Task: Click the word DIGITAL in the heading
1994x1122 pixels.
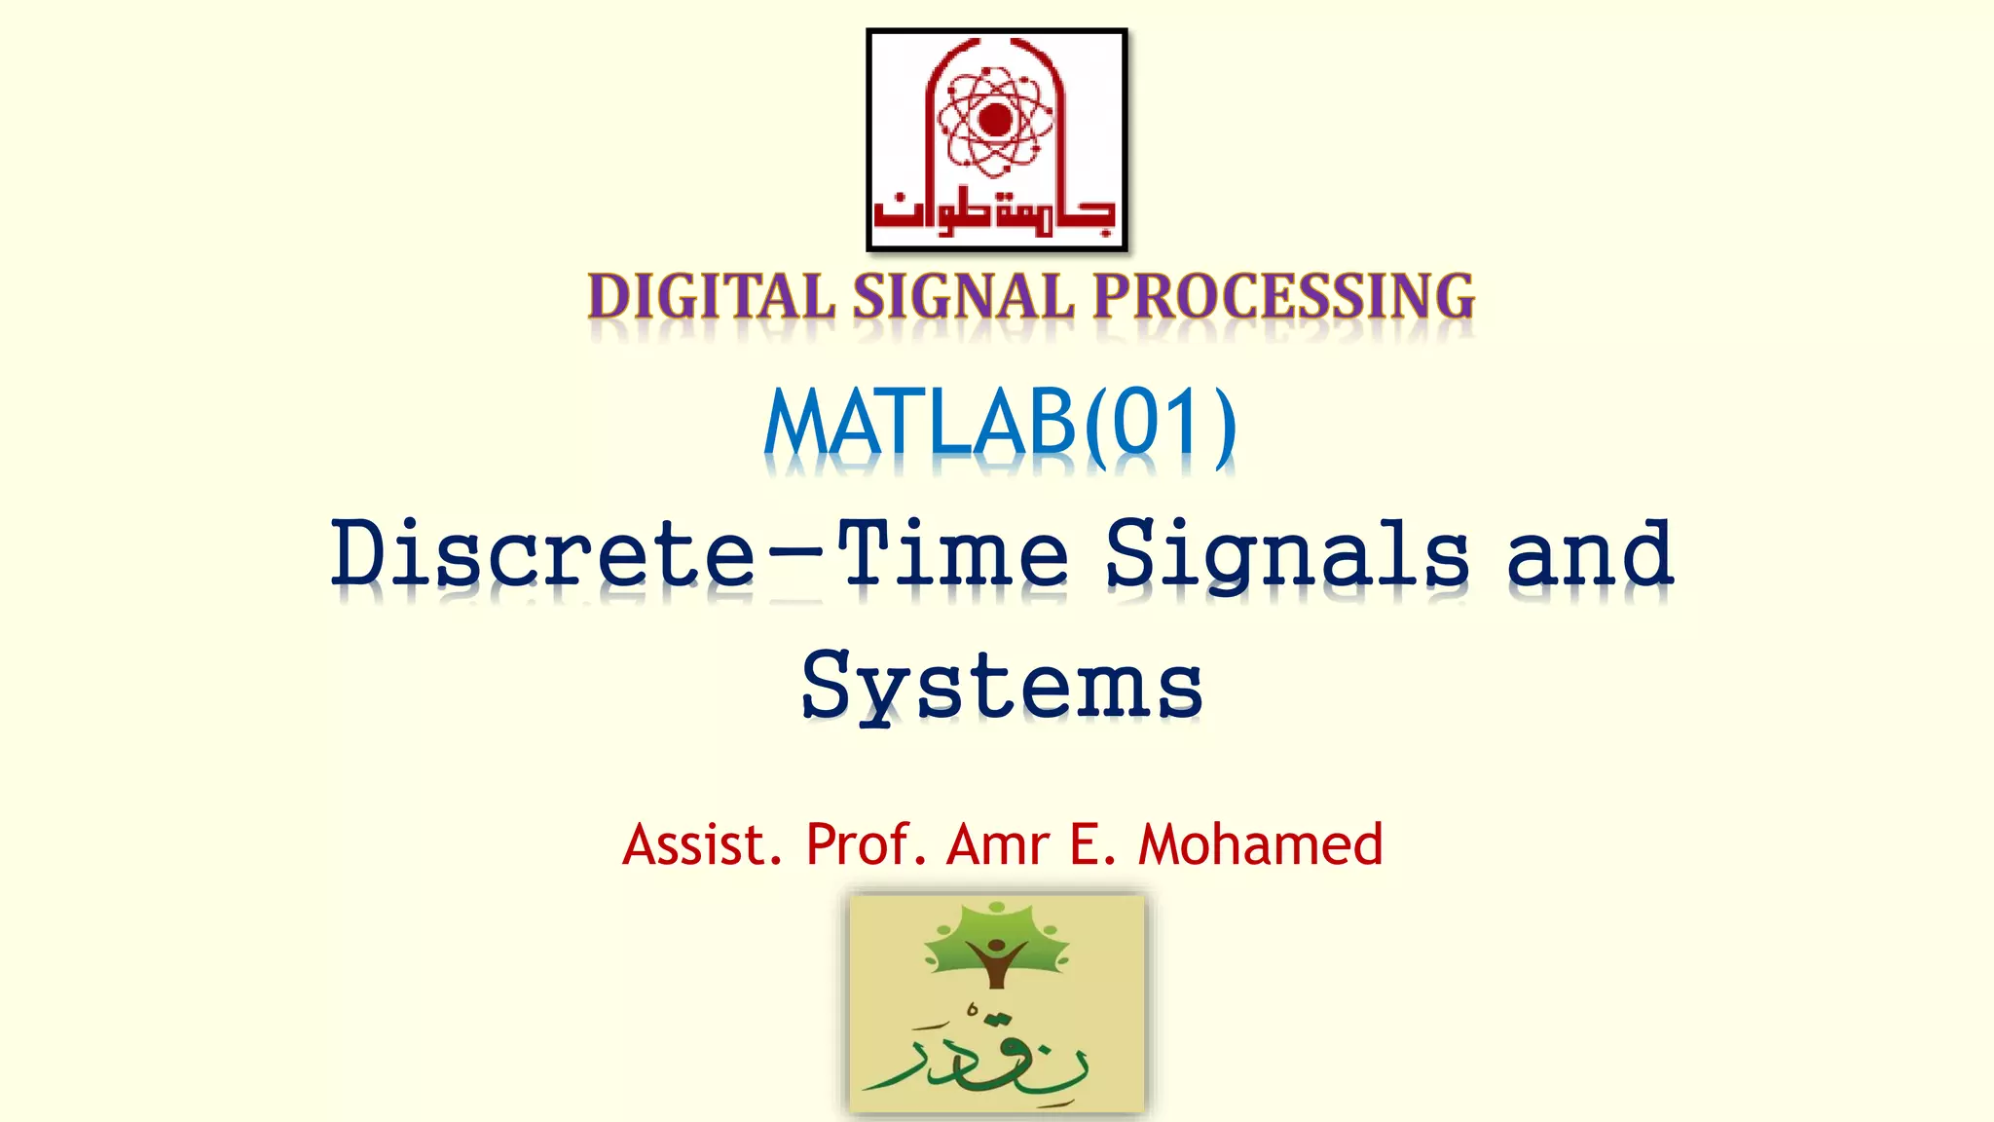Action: (x=711, y=297)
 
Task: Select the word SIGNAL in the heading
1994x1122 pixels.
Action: (x=964, y=297)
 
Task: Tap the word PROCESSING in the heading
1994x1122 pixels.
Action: (x=1283, y=297)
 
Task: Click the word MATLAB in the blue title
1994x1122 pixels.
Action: (x=920, y=424)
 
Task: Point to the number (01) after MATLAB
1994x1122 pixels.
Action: (x=1161, y=424)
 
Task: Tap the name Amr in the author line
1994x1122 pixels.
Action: (x=997, y=844)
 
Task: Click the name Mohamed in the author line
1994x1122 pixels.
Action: (x=1260, y=844)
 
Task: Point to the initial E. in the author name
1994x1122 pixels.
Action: (x=1092, y=844)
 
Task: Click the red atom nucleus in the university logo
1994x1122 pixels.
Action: (x=995, y=120)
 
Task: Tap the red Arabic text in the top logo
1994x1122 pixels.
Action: (x=995, y=210)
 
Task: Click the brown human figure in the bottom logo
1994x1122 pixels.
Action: (x=995, y=959)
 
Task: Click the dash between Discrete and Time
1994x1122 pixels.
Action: (x=796, y=557)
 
